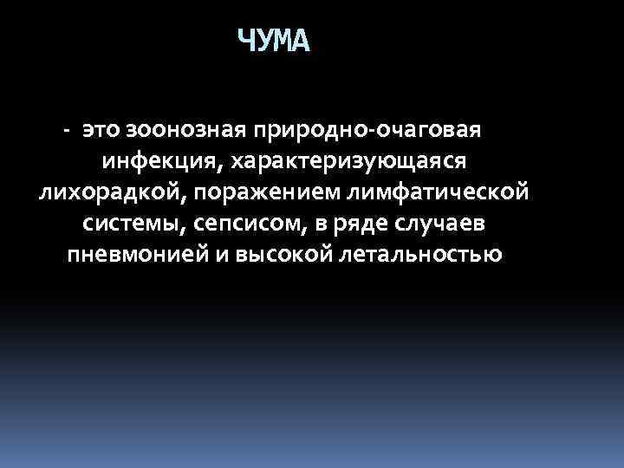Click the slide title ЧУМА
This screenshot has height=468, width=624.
point(273,41)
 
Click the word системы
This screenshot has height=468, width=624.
point(130,224)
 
